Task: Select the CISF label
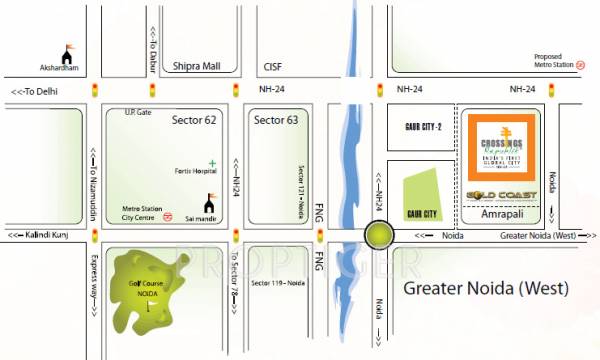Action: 272,68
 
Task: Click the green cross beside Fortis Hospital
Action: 212,163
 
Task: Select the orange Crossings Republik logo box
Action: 503,149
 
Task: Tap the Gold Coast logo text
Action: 503,194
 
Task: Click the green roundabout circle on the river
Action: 379,236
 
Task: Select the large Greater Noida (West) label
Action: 486,289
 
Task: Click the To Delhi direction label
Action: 39,91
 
